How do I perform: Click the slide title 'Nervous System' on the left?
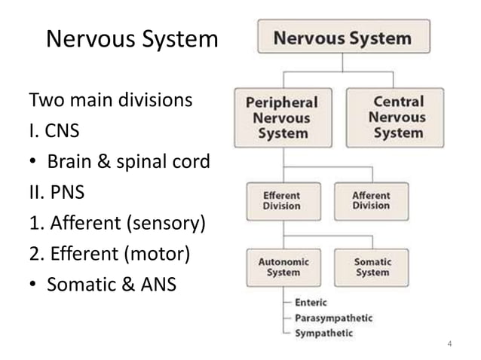132,39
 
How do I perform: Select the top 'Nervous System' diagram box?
344,37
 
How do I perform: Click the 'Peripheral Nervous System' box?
283,117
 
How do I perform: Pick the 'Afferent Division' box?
371,201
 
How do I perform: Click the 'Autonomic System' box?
283,267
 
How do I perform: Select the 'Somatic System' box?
372,267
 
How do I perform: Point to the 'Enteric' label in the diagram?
311,302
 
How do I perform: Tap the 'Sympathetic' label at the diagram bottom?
323,332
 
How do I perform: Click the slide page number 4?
450,345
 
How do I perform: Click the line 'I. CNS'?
54,132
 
